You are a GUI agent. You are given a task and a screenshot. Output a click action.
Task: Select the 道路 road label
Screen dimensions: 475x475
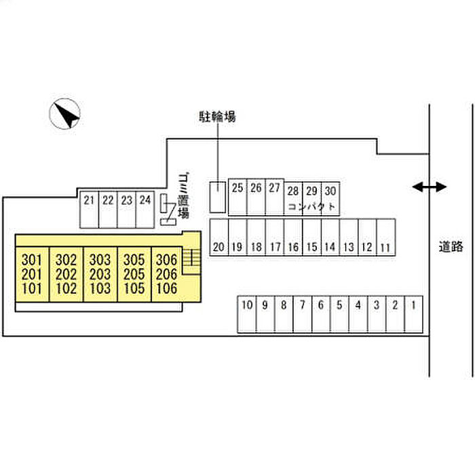tap(451, 246)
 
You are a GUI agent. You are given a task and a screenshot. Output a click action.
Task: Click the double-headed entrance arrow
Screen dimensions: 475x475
tap(430, 187)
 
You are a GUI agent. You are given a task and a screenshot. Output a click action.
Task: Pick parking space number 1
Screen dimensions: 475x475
tap(413, 305)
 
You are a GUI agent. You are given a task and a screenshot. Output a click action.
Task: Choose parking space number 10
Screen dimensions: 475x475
tap(246, 305)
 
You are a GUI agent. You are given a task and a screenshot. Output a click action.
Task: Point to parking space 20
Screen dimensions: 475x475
tap(218, 247)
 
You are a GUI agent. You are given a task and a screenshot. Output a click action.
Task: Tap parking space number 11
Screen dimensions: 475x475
tap(385, 247)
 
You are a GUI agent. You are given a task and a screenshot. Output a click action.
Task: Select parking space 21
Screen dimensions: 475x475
tap(89, 200)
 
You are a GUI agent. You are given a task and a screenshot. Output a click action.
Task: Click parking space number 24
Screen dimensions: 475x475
tap(145, 200)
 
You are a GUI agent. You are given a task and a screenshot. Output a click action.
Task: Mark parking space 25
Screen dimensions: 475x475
tap(237, 188)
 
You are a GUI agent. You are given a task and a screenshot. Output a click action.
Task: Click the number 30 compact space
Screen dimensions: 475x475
tap(330, 191)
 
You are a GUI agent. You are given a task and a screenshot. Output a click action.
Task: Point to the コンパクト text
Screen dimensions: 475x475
tap(311, 206)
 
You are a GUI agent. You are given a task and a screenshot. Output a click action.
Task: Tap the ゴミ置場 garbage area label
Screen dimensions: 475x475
tap(183, 196)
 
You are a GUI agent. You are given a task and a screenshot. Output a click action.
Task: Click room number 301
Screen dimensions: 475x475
tap(32, 259)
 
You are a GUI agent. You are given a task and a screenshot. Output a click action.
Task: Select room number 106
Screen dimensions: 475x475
tap(166, 288)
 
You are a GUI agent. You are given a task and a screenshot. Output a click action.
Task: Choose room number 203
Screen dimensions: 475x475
tap(100, 274)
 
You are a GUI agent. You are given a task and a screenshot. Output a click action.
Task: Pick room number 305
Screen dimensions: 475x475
tap(133, 259)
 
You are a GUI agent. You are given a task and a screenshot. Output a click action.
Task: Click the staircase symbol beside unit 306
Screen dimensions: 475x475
tap(193, 256)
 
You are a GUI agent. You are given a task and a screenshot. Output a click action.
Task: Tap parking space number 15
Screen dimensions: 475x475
tap(311, 247)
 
